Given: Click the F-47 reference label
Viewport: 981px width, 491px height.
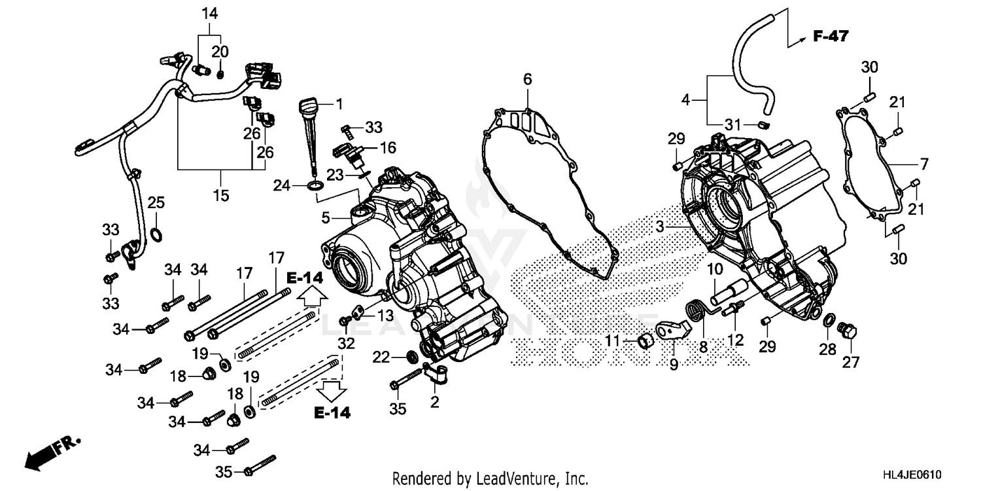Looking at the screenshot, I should pos(830,37).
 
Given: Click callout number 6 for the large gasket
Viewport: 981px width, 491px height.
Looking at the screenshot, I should pos(527,79).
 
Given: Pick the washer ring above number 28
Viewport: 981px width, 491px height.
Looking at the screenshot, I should pos(828,320).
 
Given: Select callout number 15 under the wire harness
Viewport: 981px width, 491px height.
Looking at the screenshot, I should pos(221,195).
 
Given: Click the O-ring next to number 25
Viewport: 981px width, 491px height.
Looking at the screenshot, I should pos(157,234).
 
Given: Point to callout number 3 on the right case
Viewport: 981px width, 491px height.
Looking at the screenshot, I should pos(660,227).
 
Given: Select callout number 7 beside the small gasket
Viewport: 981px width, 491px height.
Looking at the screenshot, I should pos(923,163).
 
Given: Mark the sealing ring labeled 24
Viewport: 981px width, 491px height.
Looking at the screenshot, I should pos(315,188).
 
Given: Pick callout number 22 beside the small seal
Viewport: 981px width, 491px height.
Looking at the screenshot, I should pos(381,357).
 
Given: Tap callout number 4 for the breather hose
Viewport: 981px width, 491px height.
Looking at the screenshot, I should pos(685,100).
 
